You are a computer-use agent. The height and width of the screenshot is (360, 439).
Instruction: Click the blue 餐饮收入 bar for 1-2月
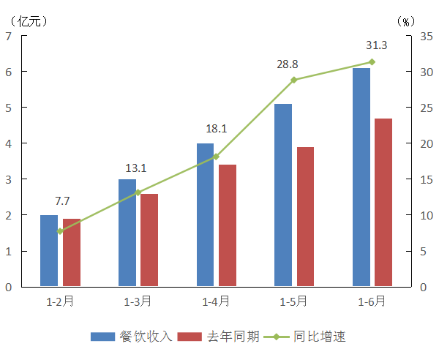[x=49, y=250]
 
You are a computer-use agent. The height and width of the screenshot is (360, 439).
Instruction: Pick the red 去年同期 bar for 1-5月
[x=305, y=217]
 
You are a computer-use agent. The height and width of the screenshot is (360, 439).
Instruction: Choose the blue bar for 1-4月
[x=206, y=214]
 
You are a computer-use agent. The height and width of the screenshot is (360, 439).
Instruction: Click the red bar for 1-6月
[x=383, y=202]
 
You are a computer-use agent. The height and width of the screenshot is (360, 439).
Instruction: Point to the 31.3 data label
[x=377, y=45]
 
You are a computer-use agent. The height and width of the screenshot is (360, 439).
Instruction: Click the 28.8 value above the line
[x=288, y=64]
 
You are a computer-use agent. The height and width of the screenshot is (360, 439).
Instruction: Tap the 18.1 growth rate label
[x=216, y=129]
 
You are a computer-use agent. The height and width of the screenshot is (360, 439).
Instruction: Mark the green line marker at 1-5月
[x=293, y=80]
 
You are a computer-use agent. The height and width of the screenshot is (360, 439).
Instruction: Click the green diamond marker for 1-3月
[x=138, y=192]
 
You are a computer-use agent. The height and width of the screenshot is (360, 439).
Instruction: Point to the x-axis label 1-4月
[x=216, y=301]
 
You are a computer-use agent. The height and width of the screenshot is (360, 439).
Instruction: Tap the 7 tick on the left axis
[x=8, y=35]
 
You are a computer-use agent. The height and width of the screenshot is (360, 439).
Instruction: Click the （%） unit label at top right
[x=405, y=21]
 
